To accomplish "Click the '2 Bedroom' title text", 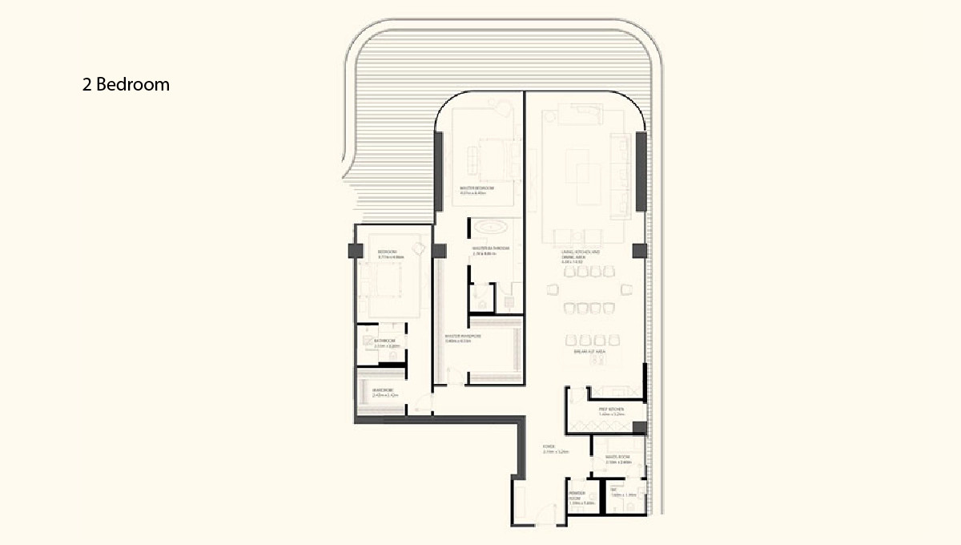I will point(126,84).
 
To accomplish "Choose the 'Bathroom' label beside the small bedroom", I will point(385,342).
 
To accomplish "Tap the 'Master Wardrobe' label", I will point(463,338).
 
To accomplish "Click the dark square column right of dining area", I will point(638,251).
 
